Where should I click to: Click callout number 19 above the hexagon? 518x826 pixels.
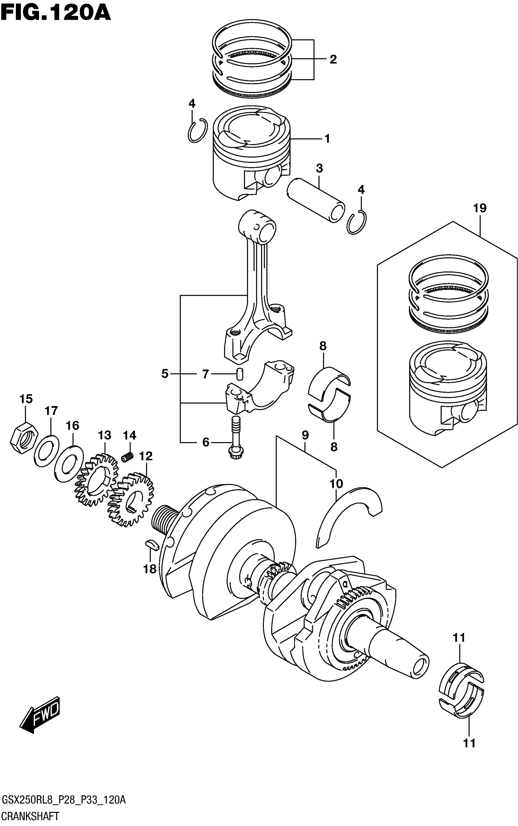(x=480, y=208)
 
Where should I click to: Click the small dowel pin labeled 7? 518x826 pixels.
(x=240, y=373)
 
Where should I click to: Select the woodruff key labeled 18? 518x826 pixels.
(x=151, y=544)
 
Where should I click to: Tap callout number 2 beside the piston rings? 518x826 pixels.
(x=333, y=59)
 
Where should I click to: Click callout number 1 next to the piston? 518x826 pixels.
(x=327, y=138)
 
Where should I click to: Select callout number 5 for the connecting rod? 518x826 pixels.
(x=165, y=373)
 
